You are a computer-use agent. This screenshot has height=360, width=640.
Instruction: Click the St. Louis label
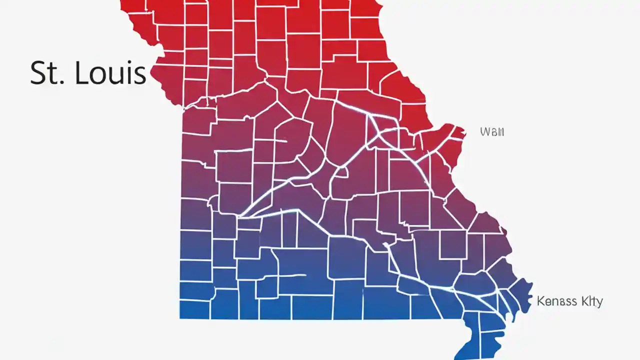88,73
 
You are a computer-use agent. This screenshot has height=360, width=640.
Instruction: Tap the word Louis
110,73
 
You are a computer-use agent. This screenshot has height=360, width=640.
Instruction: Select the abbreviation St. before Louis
46,73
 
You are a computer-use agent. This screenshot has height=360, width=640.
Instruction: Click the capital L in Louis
79,73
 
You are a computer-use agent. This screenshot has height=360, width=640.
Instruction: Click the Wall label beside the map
492,132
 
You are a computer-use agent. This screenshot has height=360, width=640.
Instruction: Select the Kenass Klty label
569,301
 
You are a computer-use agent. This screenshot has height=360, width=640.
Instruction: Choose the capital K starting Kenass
540,301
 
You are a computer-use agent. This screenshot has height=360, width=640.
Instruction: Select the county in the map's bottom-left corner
195,309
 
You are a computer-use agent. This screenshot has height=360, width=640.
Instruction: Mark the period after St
62,81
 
